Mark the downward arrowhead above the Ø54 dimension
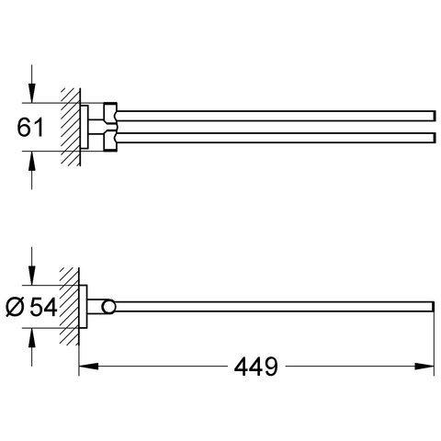pyautogui.click(x=34, y=281)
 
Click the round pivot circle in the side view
pyautogui.click(x=110, y=307)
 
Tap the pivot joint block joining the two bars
pyautogui.click(x=109, y=123)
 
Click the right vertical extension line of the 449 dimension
pyautogui.click(x=431, y=345)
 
